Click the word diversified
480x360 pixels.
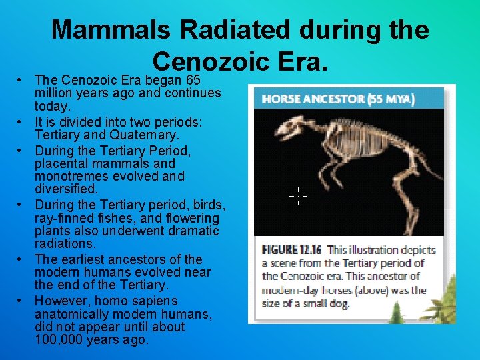click(x=66, y=190)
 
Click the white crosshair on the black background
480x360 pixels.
click(x=298, y=196)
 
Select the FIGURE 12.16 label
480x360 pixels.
click(x=291, y=250)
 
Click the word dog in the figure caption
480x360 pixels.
click(x=339, y=304)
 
